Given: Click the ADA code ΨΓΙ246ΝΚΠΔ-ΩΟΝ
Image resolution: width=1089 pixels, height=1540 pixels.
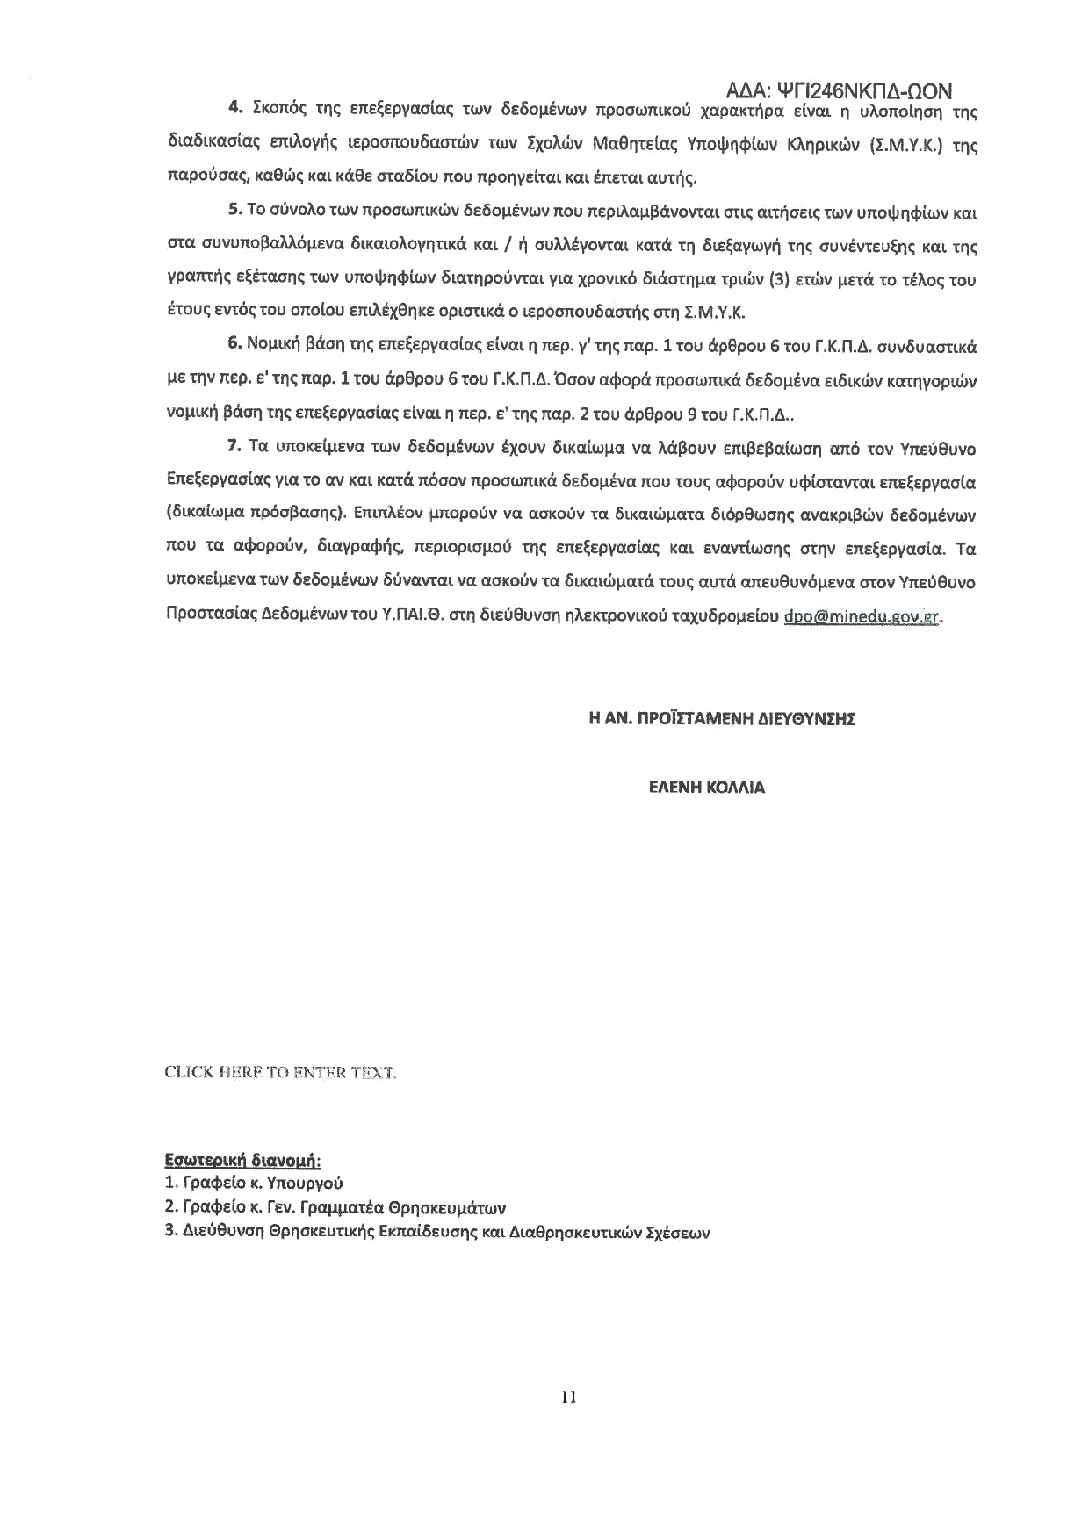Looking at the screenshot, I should [840, 91].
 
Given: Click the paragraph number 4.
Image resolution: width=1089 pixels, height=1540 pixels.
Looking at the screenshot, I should [234, 109].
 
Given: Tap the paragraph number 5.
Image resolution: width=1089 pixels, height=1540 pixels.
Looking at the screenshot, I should [234, 212].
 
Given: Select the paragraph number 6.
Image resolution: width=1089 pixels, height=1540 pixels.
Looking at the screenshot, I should [234, 346].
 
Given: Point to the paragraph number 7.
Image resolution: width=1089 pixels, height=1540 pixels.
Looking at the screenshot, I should [234, 447].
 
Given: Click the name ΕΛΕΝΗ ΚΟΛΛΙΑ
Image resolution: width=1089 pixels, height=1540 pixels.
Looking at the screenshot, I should [706, 788].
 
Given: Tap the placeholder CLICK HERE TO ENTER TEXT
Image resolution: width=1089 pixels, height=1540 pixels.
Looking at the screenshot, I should [281, 1072].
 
